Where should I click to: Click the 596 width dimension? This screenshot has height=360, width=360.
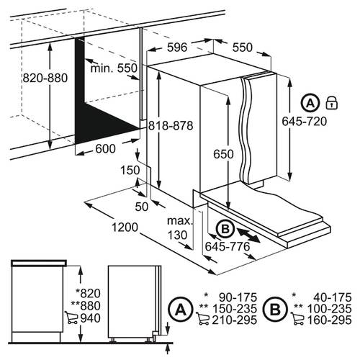click(177, 48)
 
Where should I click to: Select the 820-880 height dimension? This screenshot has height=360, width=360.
click(45, 78)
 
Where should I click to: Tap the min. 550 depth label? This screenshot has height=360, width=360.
click(114, 68)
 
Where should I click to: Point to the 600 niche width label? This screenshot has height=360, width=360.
click(105, 149)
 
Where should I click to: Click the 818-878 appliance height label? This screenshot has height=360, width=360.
click(171, 125)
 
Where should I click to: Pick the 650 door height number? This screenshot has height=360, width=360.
click(223, 154)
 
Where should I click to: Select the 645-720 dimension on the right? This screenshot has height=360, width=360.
click(305, 121)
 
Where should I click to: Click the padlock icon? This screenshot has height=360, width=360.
click(331, 103)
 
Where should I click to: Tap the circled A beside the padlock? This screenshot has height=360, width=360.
click(310, 103)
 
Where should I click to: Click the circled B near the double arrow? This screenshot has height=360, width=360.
click(225, 229)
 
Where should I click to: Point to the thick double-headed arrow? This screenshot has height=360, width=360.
click(248, 235)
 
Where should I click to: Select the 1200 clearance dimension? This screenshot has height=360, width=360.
click(125, 227)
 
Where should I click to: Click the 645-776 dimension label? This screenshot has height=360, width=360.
click(228, 246)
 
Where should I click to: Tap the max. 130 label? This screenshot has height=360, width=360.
click(180, 228)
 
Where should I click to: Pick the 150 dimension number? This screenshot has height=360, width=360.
click(130, 171)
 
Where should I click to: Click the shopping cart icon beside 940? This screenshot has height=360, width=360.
click(71, 318)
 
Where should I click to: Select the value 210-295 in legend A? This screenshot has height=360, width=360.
click(234, 320)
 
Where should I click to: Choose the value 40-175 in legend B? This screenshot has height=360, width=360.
click(333, 297)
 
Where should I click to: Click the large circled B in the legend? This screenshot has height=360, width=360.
click(275, 310)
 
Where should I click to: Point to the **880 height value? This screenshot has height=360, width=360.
click(86, 306)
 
